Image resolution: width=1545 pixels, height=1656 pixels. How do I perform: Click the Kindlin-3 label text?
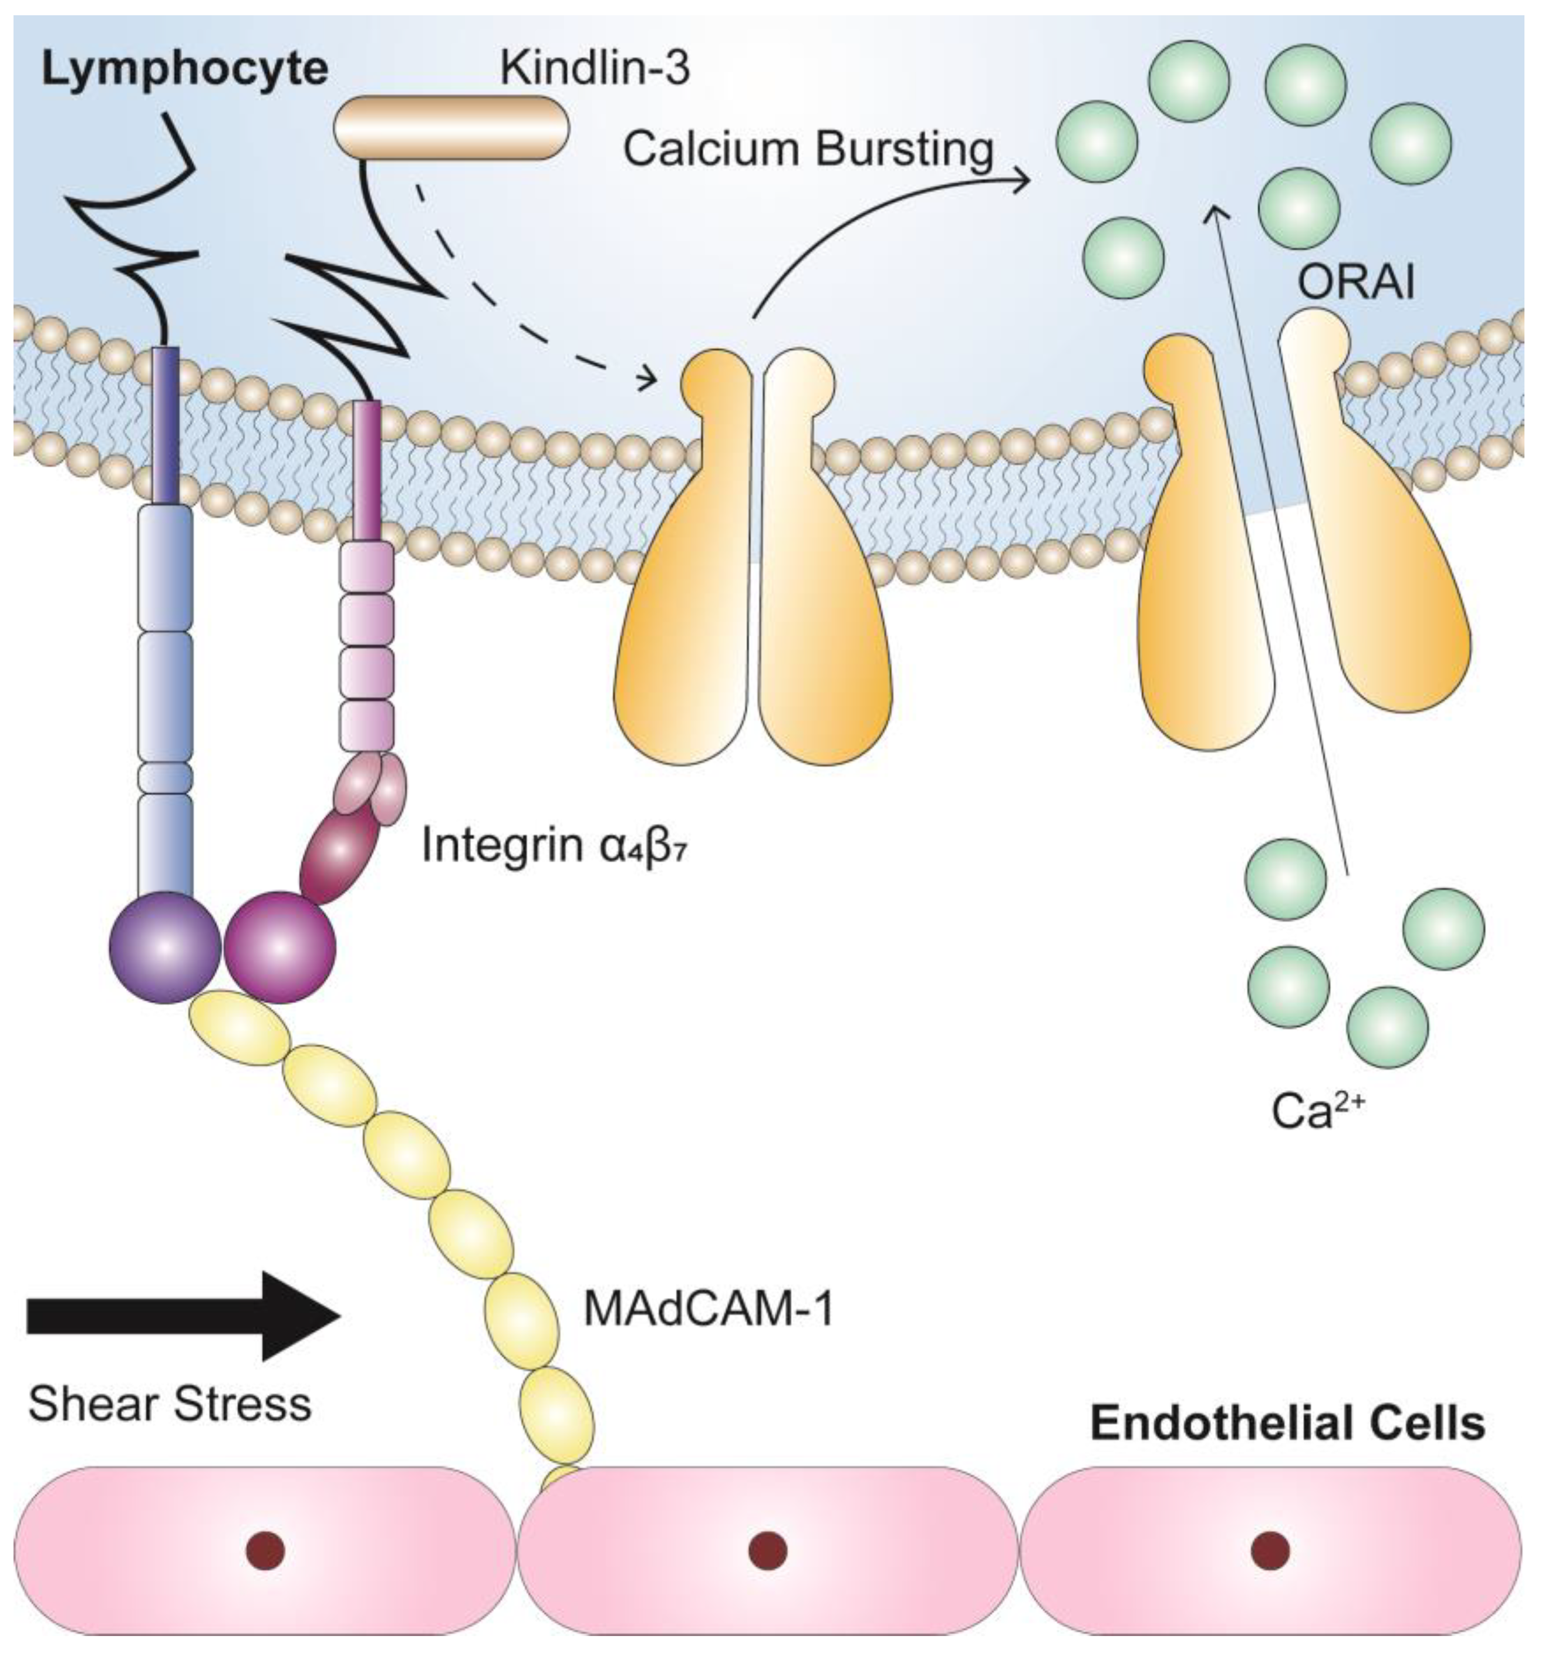coord(594,70)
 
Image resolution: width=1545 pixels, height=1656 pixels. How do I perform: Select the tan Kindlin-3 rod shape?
coord(451,127)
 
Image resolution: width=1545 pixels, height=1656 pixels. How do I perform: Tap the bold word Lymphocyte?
coord(184,70)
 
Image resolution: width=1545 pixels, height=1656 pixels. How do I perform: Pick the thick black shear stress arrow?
coord(183,1316)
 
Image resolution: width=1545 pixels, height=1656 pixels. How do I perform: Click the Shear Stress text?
coord(170,1404)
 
